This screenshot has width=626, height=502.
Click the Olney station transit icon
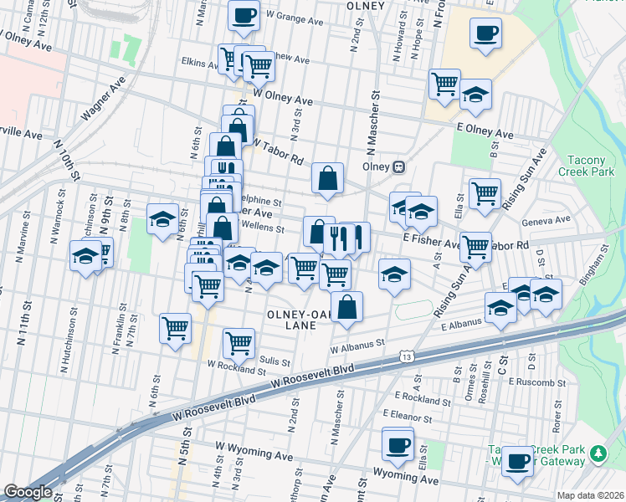coord(399,166)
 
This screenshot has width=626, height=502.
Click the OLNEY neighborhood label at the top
coord(364,6)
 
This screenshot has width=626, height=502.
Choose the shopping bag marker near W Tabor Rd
coord(328,177)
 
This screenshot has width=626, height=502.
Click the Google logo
coord(28,492)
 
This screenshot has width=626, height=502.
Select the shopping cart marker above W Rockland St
coord(239,342)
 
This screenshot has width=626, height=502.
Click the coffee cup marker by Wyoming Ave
coord(398,443)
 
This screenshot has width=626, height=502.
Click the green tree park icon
coord(598,453)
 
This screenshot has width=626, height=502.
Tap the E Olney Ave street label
coord(485,132)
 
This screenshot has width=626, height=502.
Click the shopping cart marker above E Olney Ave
coord(444,83)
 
